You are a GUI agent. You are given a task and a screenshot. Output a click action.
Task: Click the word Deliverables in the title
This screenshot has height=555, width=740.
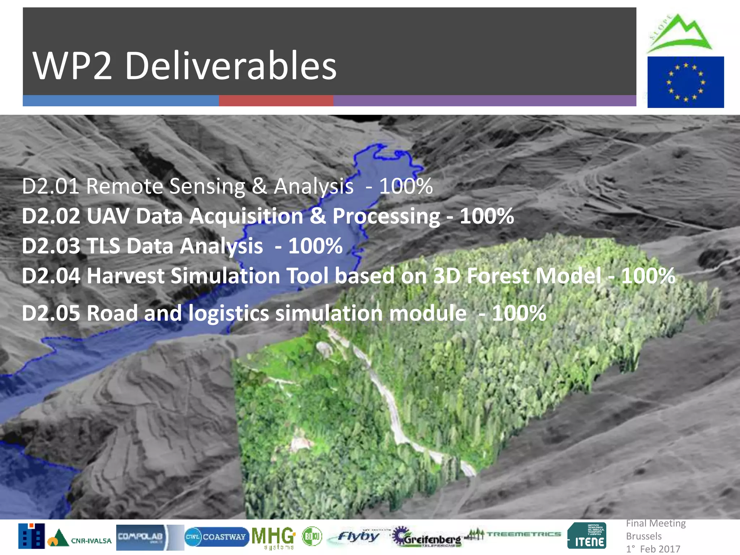231,66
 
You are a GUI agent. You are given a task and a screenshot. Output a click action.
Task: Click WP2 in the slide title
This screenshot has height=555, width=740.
72,66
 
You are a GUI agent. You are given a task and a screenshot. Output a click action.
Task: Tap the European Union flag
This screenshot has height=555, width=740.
685,82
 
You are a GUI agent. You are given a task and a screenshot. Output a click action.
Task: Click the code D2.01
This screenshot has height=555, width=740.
50,186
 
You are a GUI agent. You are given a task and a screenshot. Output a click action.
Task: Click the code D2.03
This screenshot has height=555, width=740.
51,246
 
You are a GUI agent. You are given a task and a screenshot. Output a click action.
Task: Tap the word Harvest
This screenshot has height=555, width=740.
125,276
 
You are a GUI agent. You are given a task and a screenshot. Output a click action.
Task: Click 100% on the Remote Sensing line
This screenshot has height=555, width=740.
406,186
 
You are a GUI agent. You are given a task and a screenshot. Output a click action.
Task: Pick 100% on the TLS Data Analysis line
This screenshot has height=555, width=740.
315,246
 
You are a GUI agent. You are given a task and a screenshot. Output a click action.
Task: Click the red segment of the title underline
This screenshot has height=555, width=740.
276,100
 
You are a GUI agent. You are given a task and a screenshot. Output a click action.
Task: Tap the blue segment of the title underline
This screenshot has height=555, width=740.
121,100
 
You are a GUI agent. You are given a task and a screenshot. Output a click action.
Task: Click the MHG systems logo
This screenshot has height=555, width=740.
274,537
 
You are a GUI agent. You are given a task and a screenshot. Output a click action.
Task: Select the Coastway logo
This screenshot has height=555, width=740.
216,537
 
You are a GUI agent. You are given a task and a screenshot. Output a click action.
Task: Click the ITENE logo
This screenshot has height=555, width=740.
586,536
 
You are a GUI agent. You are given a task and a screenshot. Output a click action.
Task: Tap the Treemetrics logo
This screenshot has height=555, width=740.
513,534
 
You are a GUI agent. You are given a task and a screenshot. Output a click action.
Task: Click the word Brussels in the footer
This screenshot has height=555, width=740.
644,536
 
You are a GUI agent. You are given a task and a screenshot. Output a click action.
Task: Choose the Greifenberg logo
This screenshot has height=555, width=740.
426,537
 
